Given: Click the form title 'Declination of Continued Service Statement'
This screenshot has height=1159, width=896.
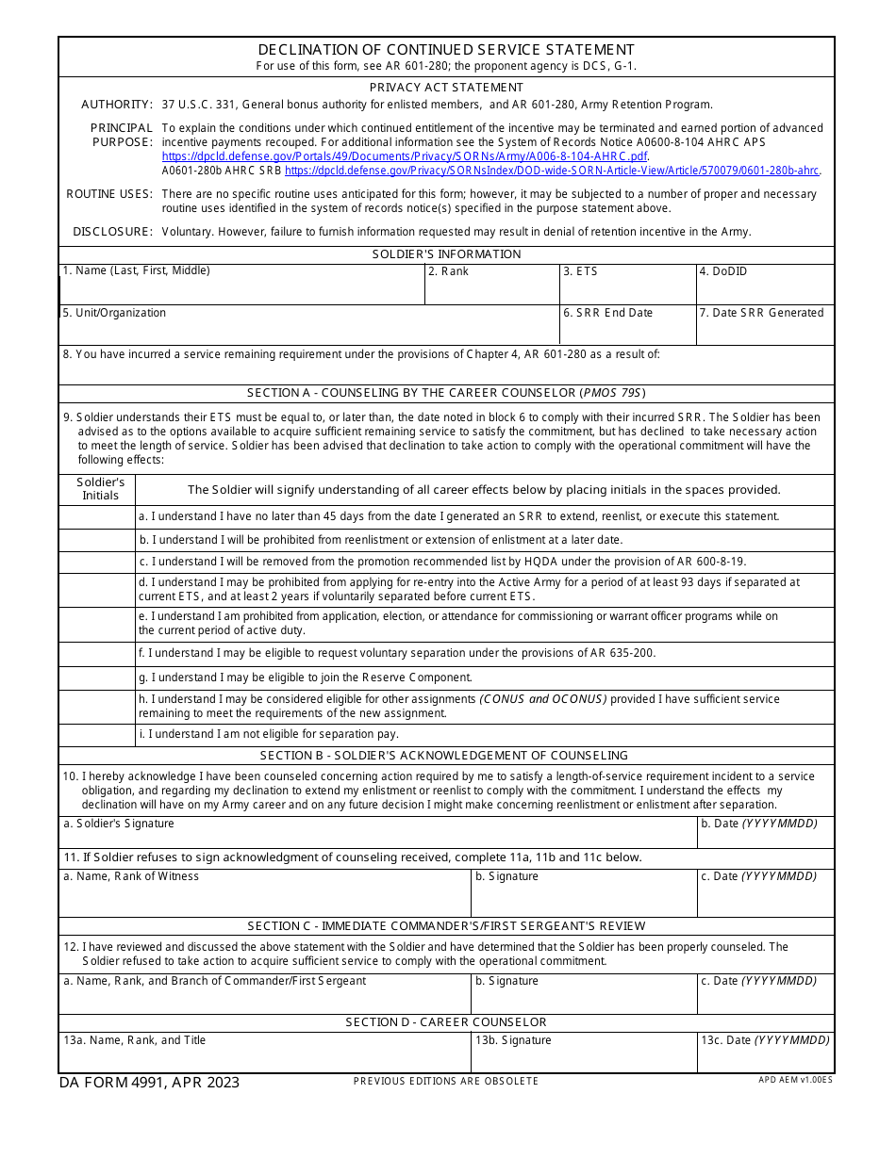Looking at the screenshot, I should (446, 50).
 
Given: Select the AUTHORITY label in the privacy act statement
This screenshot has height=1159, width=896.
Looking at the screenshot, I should (116, 105).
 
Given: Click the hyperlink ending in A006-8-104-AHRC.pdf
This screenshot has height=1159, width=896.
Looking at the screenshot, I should (405, 156).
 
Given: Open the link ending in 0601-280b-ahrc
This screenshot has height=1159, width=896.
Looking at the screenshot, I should (552, 171).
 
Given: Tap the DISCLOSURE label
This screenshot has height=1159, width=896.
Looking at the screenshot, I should (112, 232).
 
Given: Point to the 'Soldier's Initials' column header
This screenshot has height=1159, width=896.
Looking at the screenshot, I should (100, 489).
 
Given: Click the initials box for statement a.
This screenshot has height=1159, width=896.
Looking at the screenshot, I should (97, 517).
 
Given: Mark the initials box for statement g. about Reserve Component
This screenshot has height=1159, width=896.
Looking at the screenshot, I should (97, 678).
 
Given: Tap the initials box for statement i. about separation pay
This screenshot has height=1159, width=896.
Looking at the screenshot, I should (97, 735).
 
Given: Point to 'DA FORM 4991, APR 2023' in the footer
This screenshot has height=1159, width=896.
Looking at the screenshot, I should (149, 1083).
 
